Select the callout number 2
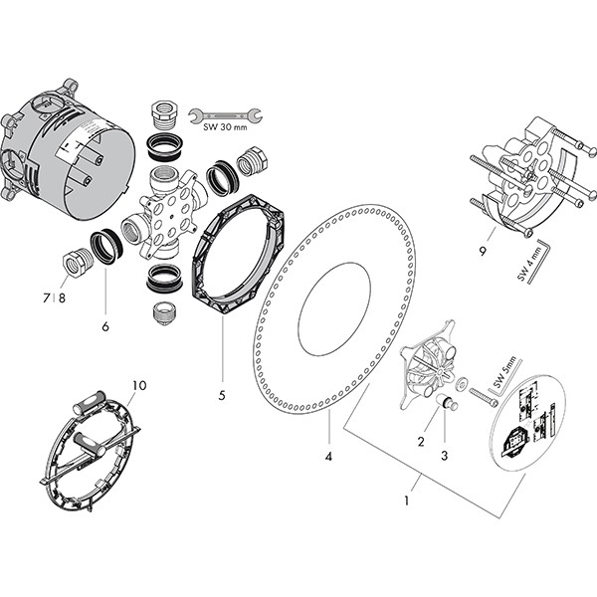421,441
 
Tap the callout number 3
445,456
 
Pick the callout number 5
222,395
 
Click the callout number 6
104,325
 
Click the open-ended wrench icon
227,114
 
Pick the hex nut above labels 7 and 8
75,265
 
